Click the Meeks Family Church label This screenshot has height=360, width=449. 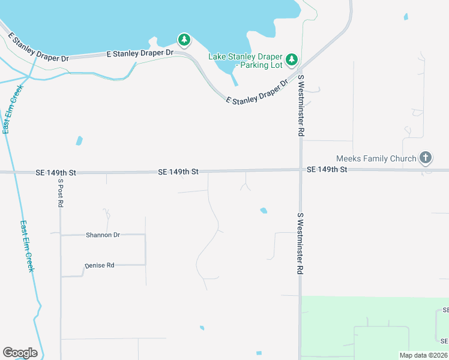376,158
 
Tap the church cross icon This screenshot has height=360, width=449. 425,158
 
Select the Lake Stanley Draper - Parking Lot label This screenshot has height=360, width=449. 245,61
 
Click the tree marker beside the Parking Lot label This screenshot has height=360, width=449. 291,59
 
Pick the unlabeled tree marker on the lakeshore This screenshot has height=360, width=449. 184,40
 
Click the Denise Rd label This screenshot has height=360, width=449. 99,265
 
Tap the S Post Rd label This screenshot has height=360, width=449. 60,193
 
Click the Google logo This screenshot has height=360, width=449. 20,353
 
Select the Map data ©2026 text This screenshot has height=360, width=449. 423,355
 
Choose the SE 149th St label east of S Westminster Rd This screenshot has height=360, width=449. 327,170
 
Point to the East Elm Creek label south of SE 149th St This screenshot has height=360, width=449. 27,246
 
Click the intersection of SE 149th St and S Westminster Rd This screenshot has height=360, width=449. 301,170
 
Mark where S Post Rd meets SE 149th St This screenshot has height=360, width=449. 60,173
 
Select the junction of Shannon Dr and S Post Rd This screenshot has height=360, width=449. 61,235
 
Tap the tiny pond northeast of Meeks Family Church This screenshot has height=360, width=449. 406,16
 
